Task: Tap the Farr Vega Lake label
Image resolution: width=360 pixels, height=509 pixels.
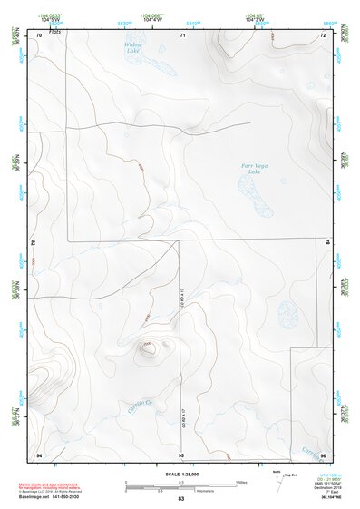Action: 254,170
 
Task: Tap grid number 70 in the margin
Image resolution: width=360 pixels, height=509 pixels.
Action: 40,35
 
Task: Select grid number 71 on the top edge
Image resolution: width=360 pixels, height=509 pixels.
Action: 182,35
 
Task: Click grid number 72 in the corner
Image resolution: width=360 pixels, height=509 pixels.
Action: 322,35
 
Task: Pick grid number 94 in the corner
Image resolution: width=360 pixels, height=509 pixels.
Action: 39,454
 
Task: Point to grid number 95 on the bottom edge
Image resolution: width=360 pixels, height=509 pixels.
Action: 181,454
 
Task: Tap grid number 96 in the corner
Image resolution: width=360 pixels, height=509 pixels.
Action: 322,454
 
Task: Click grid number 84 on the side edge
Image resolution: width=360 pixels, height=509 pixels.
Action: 328,241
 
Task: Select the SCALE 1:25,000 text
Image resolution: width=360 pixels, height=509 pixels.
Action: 180,474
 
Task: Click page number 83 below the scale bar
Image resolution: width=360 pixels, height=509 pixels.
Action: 181,499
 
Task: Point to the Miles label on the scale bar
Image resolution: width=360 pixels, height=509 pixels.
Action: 240,481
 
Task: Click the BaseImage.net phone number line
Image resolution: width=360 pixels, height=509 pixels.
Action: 52,497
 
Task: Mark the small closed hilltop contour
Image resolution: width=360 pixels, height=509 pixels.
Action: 147,345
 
